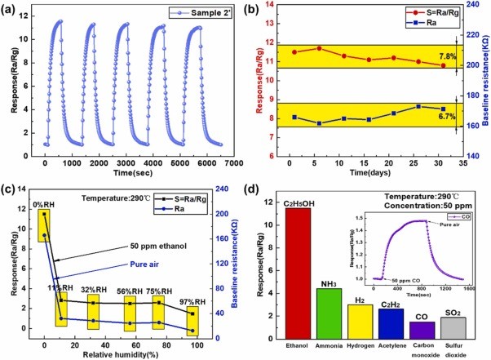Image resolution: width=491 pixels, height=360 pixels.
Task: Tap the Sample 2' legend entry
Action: pos(186,12)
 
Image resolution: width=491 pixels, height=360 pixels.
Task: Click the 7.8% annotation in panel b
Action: pos(446,56)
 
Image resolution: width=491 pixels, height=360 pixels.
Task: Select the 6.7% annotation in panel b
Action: pos(446,117)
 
